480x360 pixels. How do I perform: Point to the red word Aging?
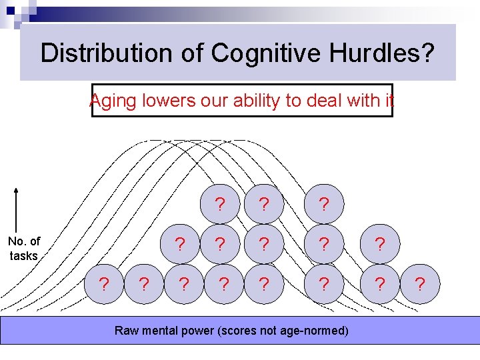coord(114,101)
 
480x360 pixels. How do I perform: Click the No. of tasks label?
coord(24,249)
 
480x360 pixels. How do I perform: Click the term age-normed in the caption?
coord(315,330)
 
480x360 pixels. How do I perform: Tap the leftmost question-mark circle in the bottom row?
coord(104,285)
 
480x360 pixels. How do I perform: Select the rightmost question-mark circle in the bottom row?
coord(419,285)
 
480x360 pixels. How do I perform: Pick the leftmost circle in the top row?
coord(219,203)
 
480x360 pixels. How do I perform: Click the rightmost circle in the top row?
coord(323,203)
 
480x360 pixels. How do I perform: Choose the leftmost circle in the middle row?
coord(179,244)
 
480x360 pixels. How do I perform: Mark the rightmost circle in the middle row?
coord(379,244)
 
